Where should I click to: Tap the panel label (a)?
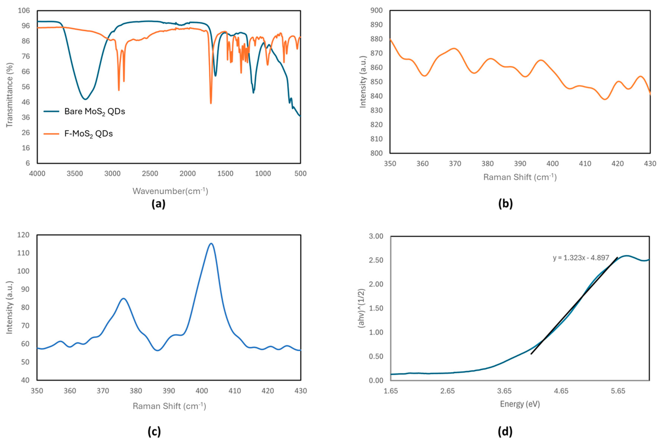click(x=158, y=204)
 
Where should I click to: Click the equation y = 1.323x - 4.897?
click(x=581, y=258)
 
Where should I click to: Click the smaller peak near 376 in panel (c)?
click(x=123, y=299)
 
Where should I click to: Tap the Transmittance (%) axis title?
click(x=10, y=95)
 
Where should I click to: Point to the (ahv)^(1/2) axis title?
click(x=361, y=308)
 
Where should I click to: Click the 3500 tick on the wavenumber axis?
click(x=75, y=174)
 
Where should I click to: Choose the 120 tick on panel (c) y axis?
click(x=24, y=235)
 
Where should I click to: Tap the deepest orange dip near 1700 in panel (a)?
click(x=211, y=103)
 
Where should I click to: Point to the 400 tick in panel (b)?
click(x=552, y=164)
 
